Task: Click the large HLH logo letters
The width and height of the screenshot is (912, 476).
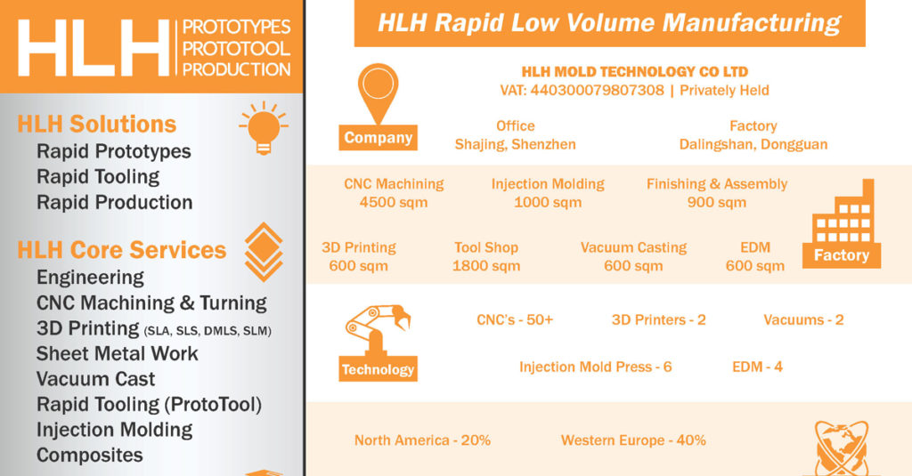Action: pyautogui.click(x=94, y=48)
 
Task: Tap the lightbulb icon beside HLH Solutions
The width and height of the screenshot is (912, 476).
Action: pyautogui.click(x=264, y=128)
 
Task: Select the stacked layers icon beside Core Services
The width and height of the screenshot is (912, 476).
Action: pyautogui.click(x=264, y=252)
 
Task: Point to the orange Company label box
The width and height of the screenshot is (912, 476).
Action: pyautogui.click(x=378, y=138)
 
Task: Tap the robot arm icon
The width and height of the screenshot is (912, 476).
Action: pyautogui.click(x=378, y=329)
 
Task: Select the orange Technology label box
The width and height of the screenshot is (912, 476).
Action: pyautogui.click(x=378, y=369)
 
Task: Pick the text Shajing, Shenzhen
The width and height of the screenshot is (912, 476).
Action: pyautogui.click(x=516, y=145)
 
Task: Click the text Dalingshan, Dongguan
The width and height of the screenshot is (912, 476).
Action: pyautogui.click(x=753, y=145)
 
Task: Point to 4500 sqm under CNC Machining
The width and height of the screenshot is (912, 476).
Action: pyautogui.click(x=394, y=203)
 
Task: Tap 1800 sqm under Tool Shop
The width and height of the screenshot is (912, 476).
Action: pyautogui.click(x=486, y=266)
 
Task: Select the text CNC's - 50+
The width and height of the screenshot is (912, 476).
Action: pyautogui.click(x=515, y=319)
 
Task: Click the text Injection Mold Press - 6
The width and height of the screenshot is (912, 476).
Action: pyautogui.click(x=596, y=367)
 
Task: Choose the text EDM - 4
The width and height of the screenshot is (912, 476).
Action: pyautogui.click(x=757, y=367)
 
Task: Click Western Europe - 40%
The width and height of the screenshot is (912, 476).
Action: pyautogui.click(x=633, y=440)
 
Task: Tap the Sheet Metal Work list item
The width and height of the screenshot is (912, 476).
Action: pyautogui.click(x=117, y=353)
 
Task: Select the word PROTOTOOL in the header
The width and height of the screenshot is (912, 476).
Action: pyautogui.click(x=236, y=48)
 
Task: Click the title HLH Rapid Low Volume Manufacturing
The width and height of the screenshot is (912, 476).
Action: pyautogui.click(x=609, y=23)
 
